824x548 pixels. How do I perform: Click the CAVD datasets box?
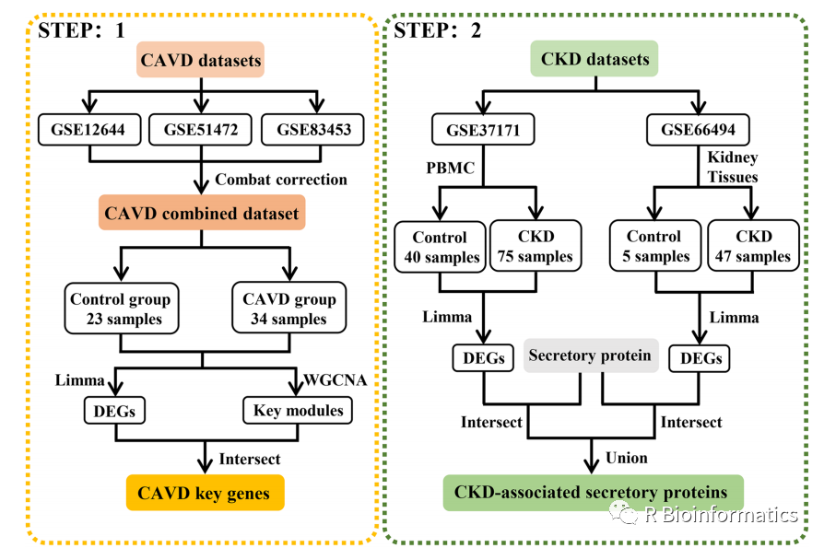click(201, 63)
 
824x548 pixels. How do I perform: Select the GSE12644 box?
click(88, 130)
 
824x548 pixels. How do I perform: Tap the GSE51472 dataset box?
click(201, 130)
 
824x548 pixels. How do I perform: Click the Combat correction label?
click(281, 179)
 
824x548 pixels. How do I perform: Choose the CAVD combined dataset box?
click(201, 215)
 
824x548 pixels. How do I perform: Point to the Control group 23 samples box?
click(120, 309)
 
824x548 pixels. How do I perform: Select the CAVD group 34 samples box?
click(288, 309)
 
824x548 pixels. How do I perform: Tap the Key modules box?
click(298, 411)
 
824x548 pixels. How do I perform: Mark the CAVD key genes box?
click(205, 493)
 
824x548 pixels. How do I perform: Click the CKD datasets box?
click(594, 61)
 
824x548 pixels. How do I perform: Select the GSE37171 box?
click(483, 130)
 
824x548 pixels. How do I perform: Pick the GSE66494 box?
click(699, 130)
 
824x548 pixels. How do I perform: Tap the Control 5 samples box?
click(653, 247)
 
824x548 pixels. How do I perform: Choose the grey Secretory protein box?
click(590, 356)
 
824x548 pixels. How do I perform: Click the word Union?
click(627, 457)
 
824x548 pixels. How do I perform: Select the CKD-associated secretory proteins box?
click(592, 493)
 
